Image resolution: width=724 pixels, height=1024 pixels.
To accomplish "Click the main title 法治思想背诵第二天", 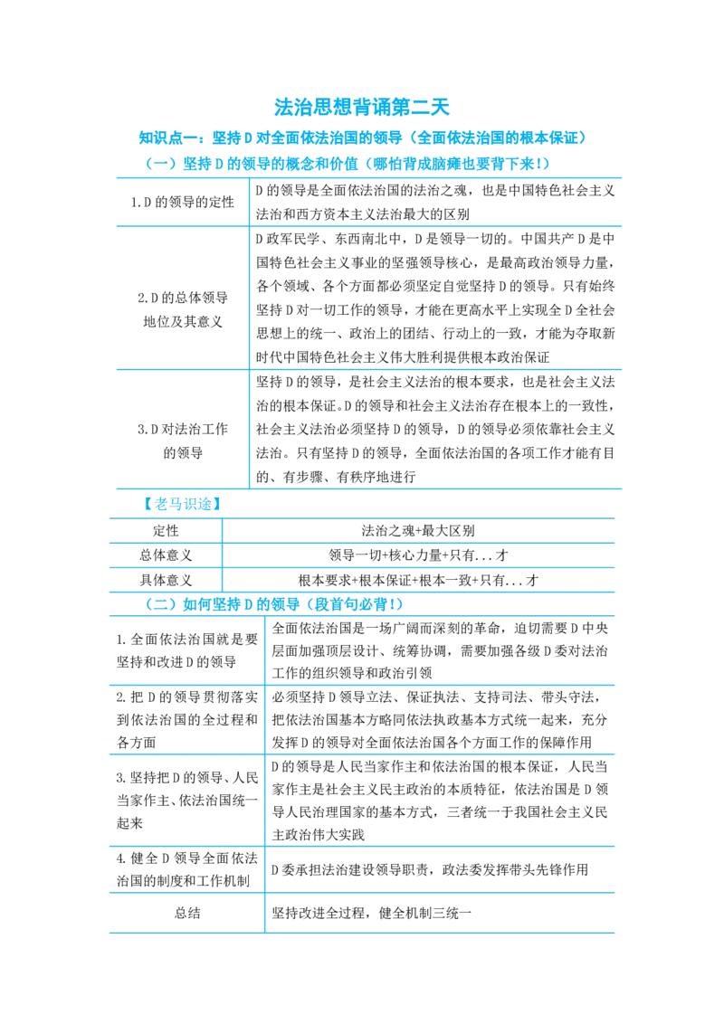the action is [362, 107].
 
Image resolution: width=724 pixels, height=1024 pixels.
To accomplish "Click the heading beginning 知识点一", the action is [362, 137].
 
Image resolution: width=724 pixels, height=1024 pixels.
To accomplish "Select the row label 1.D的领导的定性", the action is [182, 203].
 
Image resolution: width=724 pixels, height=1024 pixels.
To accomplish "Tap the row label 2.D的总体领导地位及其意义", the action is [182, 309].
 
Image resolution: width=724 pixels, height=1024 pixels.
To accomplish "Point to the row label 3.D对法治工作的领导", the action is [182, 441].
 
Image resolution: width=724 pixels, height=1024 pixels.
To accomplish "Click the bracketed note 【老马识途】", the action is [182, 504].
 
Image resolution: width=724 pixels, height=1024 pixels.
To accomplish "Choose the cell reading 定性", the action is [166, 531].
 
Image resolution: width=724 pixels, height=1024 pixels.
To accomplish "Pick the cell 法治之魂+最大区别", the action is [418, 531].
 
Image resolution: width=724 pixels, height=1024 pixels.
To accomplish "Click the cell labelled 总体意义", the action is [166, 555].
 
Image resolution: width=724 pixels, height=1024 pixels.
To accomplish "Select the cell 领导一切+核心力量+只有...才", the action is [418, 555].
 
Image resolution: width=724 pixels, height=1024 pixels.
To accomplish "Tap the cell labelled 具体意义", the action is [166, 580].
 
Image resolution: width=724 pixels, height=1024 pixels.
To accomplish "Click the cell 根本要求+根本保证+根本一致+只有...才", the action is [418, 580].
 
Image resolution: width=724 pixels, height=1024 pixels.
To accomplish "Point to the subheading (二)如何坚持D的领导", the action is [274, 605].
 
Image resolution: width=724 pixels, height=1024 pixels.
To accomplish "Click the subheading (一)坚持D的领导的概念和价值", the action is [347, 163].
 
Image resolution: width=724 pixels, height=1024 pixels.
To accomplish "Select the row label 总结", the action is [186, 913].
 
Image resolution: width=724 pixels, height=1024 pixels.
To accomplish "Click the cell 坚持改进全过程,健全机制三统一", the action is [371, 913].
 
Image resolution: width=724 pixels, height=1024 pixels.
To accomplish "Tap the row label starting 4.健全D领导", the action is [186, 869].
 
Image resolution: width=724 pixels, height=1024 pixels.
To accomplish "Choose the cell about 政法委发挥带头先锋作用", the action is [430, 870].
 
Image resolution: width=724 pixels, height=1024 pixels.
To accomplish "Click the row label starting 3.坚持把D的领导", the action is [186, 800].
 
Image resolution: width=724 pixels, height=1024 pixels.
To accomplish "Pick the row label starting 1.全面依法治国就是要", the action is [186, 650].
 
